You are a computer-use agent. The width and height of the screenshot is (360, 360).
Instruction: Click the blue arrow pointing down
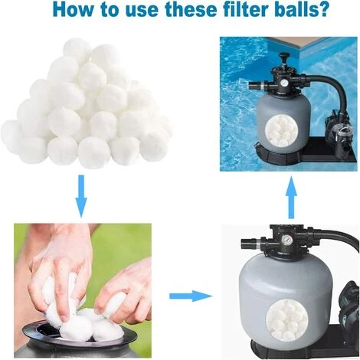[81, 196]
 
